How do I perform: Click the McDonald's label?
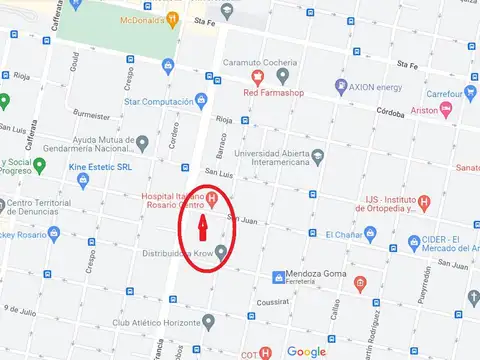pyautogui.click(x=141, y=18)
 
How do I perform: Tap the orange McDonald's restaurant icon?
pyautogui.click(x=174, y=18)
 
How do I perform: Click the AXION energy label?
pyautogui.click(x=375, y=87)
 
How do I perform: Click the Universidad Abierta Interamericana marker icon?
pyautogui.click(x=317, y=155)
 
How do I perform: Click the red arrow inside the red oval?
pyautogui.click(x=202, y=227)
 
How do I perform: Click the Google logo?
pyautogui.click(x=306, y=351)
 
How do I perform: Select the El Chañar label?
pyautogui.click(x=343, y=235)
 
